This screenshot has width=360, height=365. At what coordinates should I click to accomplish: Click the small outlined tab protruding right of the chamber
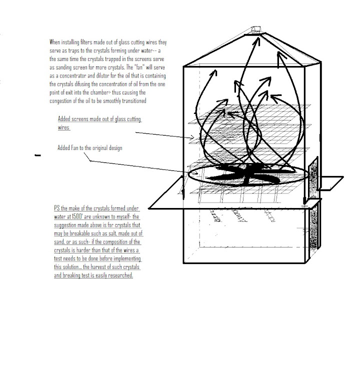[x=330, y=182]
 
